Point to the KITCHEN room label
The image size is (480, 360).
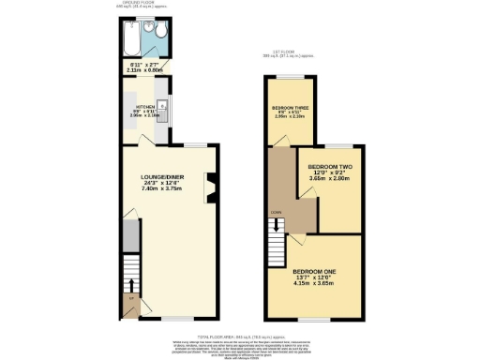pyautogui.click(x=146, y=108)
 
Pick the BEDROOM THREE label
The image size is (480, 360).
pyautogui.click(x=291, y=109)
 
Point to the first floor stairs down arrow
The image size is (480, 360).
pyautogui.click(x=276, y=224)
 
